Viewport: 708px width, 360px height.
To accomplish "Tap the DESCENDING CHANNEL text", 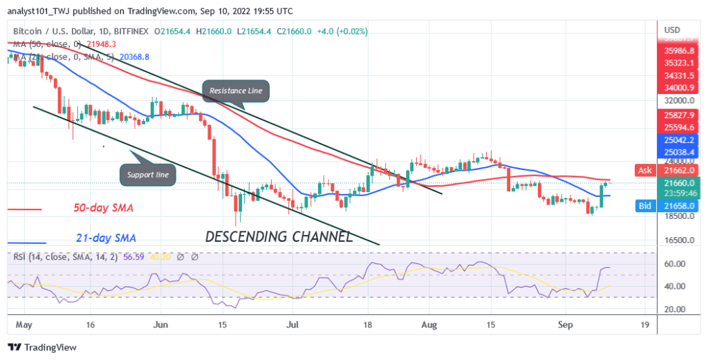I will click(x=279, y=236).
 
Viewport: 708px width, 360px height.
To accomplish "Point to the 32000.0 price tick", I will click(x=676, y=100).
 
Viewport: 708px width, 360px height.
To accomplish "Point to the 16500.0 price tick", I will click(x=676, y=240).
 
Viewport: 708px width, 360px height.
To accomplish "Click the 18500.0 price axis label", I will click(x=676, y=216).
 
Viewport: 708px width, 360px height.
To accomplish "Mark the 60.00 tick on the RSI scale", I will click(x=675, y=264).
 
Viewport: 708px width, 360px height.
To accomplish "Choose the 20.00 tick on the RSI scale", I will click(x=675, y=309).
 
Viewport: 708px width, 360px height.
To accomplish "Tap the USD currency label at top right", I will click(x=672, y=31).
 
